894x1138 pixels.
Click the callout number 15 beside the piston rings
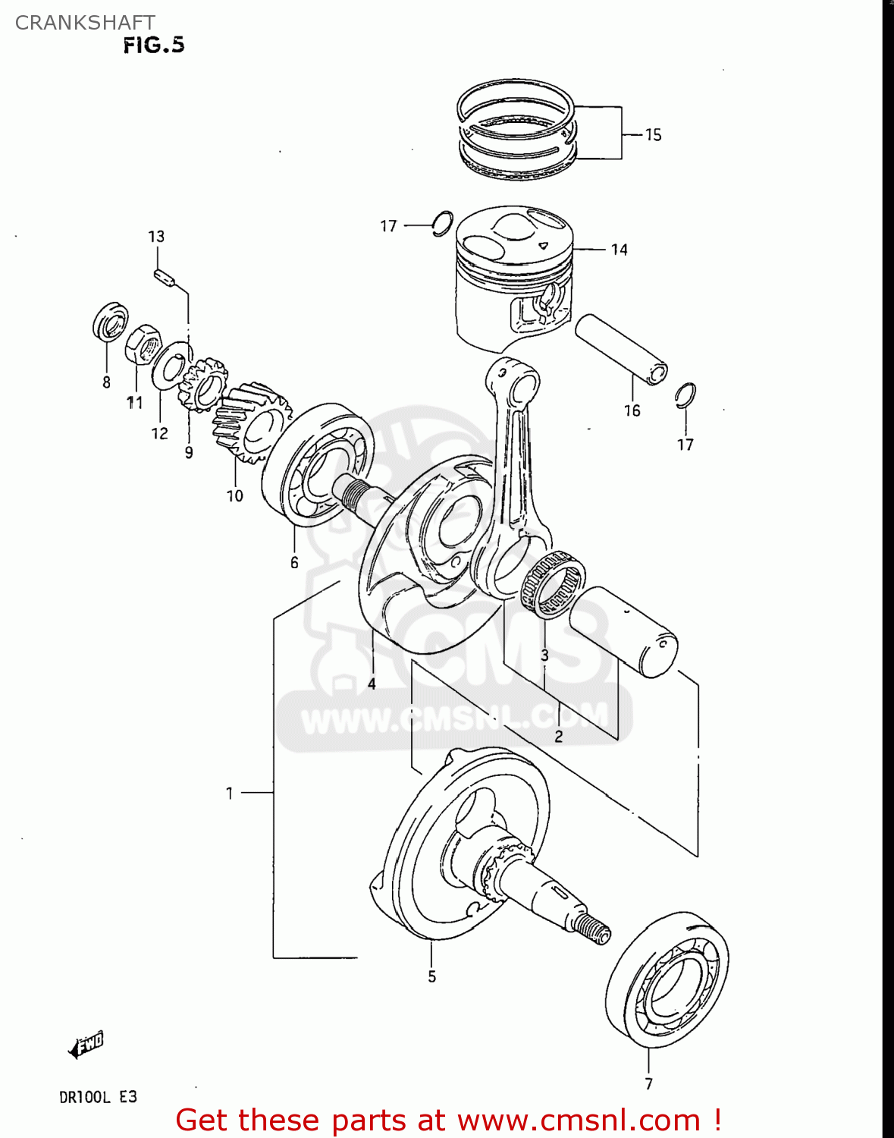653,135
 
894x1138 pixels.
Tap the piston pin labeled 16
620,349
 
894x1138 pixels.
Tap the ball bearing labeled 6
318,464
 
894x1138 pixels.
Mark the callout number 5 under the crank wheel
431,976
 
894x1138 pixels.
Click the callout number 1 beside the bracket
230,793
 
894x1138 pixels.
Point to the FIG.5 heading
154,46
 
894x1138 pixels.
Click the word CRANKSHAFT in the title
85,23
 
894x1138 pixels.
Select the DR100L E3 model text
98,1097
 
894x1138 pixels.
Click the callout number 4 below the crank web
372,684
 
